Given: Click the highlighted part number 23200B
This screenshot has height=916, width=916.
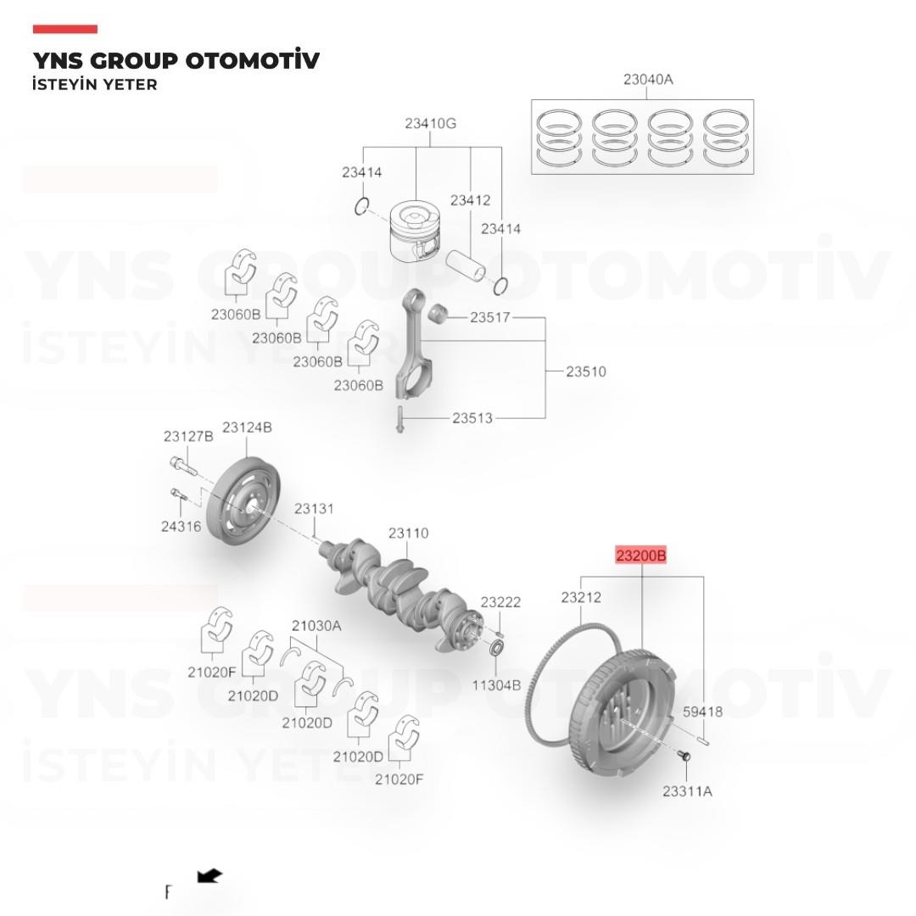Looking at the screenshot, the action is coord(641,555).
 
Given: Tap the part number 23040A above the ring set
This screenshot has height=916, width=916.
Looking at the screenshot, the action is coord(648,80).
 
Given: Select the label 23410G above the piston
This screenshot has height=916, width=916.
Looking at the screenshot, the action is coord(431,123).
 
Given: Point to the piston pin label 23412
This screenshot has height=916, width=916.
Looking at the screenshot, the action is coord(470,200).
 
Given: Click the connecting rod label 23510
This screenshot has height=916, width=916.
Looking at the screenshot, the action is coord(586,371).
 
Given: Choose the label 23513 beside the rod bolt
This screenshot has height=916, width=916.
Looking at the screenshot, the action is coord(472,418).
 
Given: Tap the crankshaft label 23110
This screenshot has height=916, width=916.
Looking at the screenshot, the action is coord(408,533).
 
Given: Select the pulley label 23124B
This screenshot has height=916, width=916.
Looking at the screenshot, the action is coord(247,427).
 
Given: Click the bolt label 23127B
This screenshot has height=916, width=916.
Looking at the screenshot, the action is coord(188,437).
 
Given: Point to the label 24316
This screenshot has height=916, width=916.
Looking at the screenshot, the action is coord(182,527).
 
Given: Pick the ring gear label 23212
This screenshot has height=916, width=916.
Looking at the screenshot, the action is coord(581,598).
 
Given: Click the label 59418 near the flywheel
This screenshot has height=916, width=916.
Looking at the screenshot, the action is coord(703,712).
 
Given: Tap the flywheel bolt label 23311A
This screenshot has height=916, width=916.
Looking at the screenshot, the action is coord(687,791).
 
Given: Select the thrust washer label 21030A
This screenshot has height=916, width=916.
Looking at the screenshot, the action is coord(316,626).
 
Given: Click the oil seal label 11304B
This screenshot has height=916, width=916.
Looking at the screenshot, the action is coord(496,685).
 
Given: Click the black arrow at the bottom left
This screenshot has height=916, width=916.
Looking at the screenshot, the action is coord(209,875).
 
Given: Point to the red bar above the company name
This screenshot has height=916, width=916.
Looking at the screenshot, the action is coord(64,29).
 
